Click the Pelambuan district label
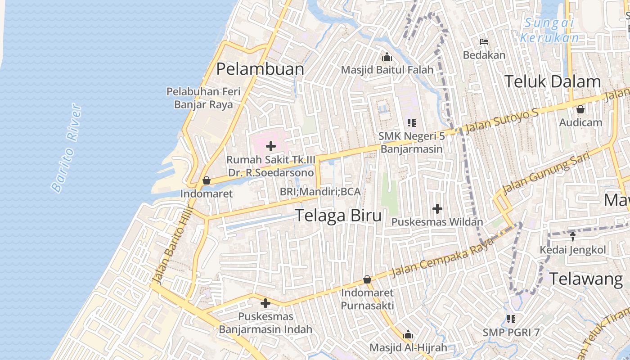[260, 69]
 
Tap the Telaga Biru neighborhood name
[338, 216]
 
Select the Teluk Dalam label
[552, 81]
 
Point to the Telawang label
[586, 279]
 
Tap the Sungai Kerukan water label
[549, 30]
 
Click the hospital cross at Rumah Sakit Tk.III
[271, 146]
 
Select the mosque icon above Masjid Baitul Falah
[387, 57]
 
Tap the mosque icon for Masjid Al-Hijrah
[408, 335]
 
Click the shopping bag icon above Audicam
[580, 109]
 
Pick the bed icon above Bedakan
[484, 42]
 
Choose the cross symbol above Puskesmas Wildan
[437, 209]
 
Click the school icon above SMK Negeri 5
[411, 122]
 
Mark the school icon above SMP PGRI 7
[511, 319]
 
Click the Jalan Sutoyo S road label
[502, 121]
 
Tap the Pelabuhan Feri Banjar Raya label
[203, 98]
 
